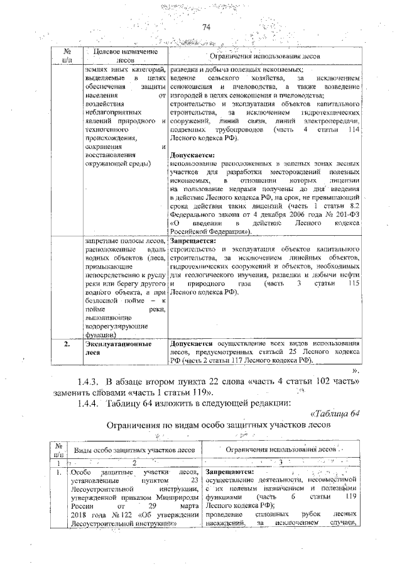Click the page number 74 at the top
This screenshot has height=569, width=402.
click(205, 26)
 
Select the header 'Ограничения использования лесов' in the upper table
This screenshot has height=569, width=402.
click(263, 56)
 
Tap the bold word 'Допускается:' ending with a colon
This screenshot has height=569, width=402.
click(192, 155)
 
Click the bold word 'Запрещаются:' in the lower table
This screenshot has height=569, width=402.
click(230, 472)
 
